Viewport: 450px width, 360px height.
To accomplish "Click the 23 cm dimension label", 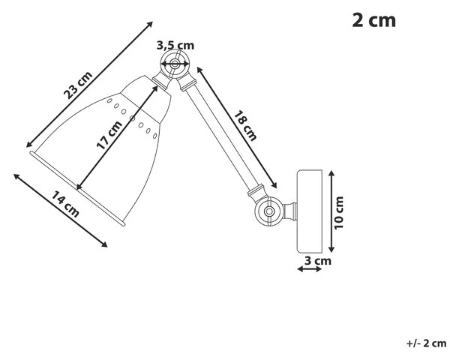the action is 78,85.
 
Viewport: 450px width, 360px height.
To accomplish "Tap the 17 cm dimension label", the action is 109,135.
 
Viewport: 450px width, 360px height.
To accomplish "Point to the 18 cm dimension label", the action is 245,126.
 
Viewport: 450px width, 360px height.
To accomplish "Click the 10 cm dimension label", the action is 339,213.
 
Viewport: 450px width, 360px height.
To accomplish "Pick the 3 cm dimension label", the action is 318,261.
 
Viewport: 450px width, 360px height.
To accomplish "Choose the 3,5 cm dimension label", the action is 175,45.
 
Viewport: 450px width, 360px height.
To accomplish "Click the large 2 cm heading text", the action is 374,20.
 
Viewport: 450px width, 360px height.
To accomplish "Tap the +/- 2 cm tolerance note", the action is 427,343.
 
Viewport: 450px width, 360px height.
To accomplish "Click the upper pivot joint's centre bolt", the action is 174,64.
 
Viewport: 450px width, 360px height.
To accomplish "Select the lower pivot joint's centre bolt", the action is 269,211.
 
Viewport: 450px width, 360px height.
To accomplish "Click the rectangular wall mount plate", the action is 309,211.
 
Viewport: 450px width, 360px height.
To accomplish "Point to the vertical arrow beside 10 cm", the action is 331,211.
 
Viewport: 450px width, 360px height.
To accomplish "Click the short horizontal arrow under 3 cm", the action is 310,269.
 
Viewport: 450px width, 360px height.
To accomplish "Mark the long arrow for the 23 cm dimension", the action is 89,85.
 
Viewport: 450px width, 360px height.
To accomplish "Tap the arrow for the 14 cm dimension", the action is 60,211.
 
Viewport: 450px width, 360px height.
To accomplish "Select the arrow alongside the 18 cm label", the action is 237,127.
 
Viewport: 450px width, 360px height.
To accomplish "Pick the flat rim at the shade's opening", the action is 77,188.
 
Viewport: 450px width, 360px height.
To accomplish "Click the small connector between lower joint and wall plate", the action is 290,211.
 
